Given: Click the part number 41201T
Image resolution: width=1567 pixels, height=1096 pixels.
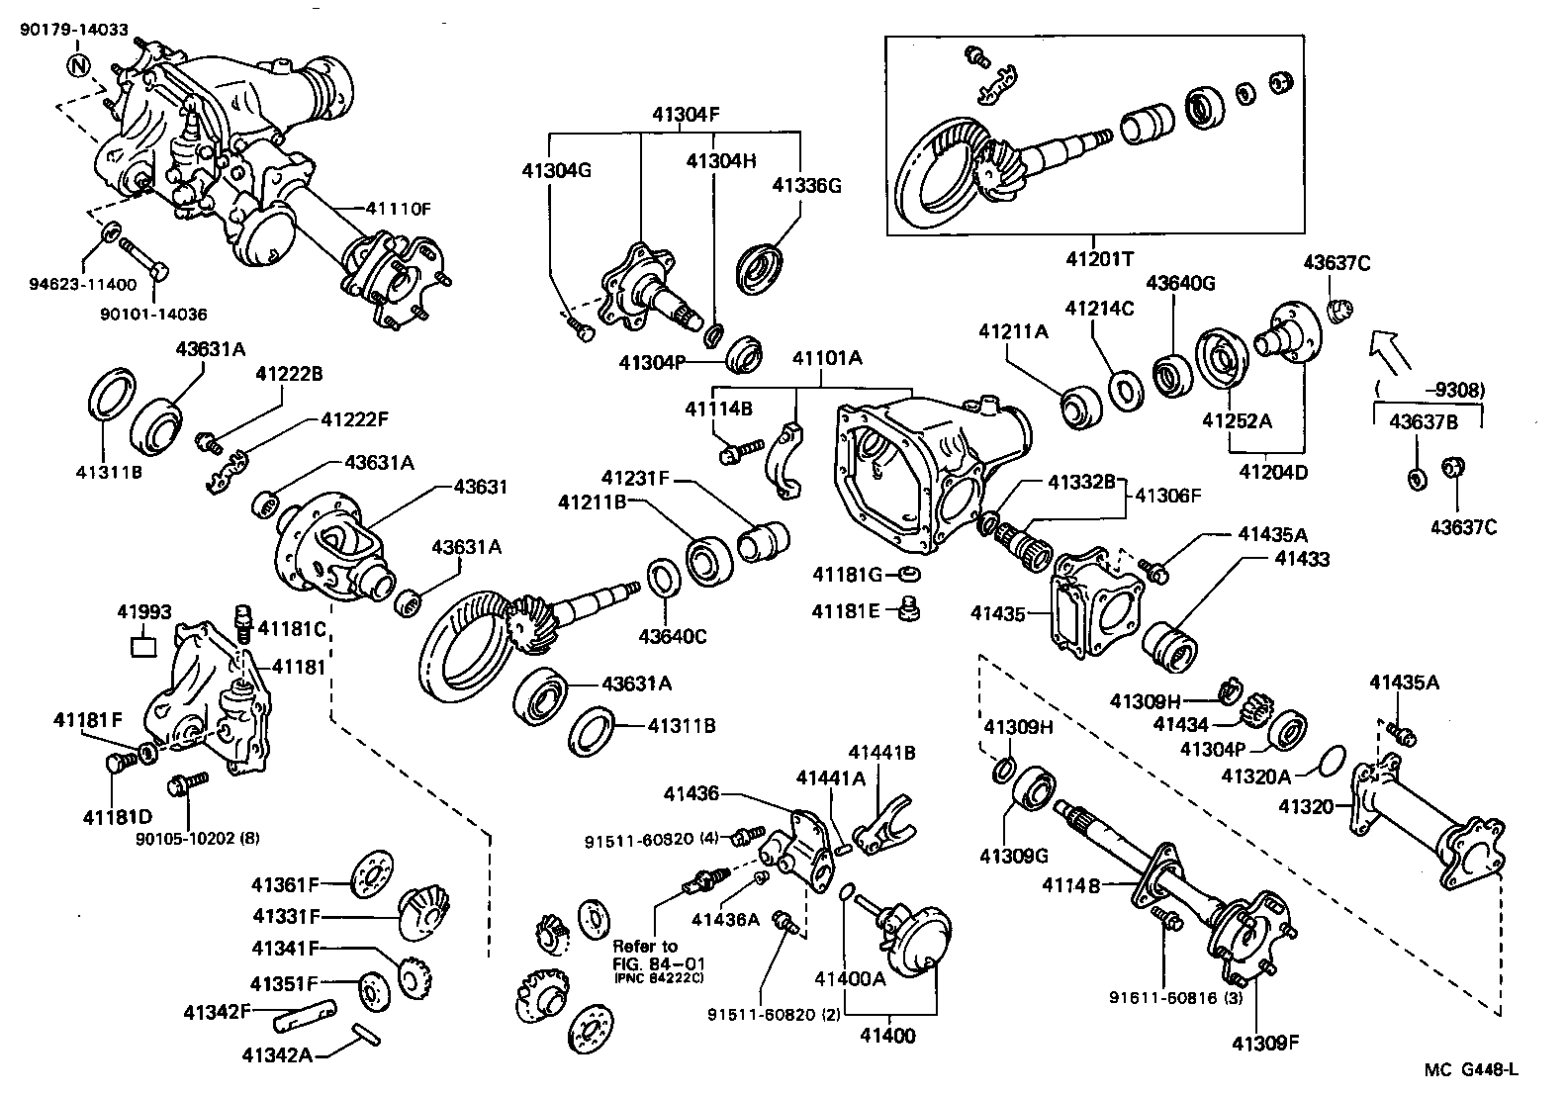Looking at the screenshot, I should click(x=1099, y=258).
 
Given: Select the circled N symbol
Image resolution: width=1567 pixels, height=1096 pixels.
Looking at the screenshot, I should click(x=79, y=67).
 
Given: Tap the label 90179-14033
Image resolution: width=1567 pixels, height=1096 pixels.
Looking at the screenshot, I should click(x=74, y=30).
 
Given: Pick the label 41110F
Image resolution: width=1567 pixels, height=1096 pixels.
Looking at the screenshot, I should click(x=398, y=209).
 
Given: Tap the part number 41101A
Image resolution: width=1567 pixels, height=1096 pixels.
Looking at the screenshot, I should click(x=827, y=358).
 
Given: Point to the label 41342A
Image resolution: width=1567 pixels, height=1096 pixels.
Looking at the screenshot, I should click(x=276, y=1054).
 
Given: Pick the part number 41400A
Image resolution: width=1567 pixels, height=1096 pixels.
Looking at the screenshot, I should click(x=850, y=979).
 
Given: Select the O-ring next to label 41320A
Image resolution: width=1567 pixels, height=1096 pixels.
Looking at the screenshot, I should click(x=1332, y=762).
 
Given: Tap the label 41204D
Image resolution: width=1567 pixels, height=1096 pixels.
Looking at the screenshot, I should click(x=1273, y=472).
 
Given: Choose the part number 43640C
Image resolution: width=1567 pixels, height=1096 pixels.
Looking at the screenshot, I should click(x=672, y=636).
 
